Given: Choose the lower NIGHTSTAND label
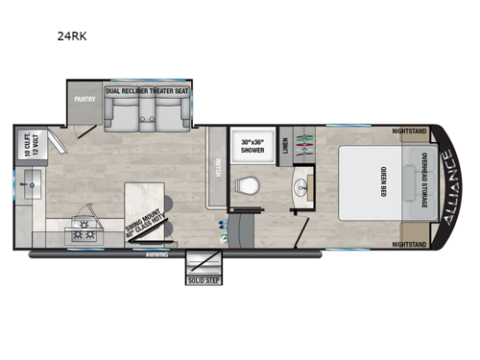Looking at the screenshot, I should (x=411, y=245).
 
